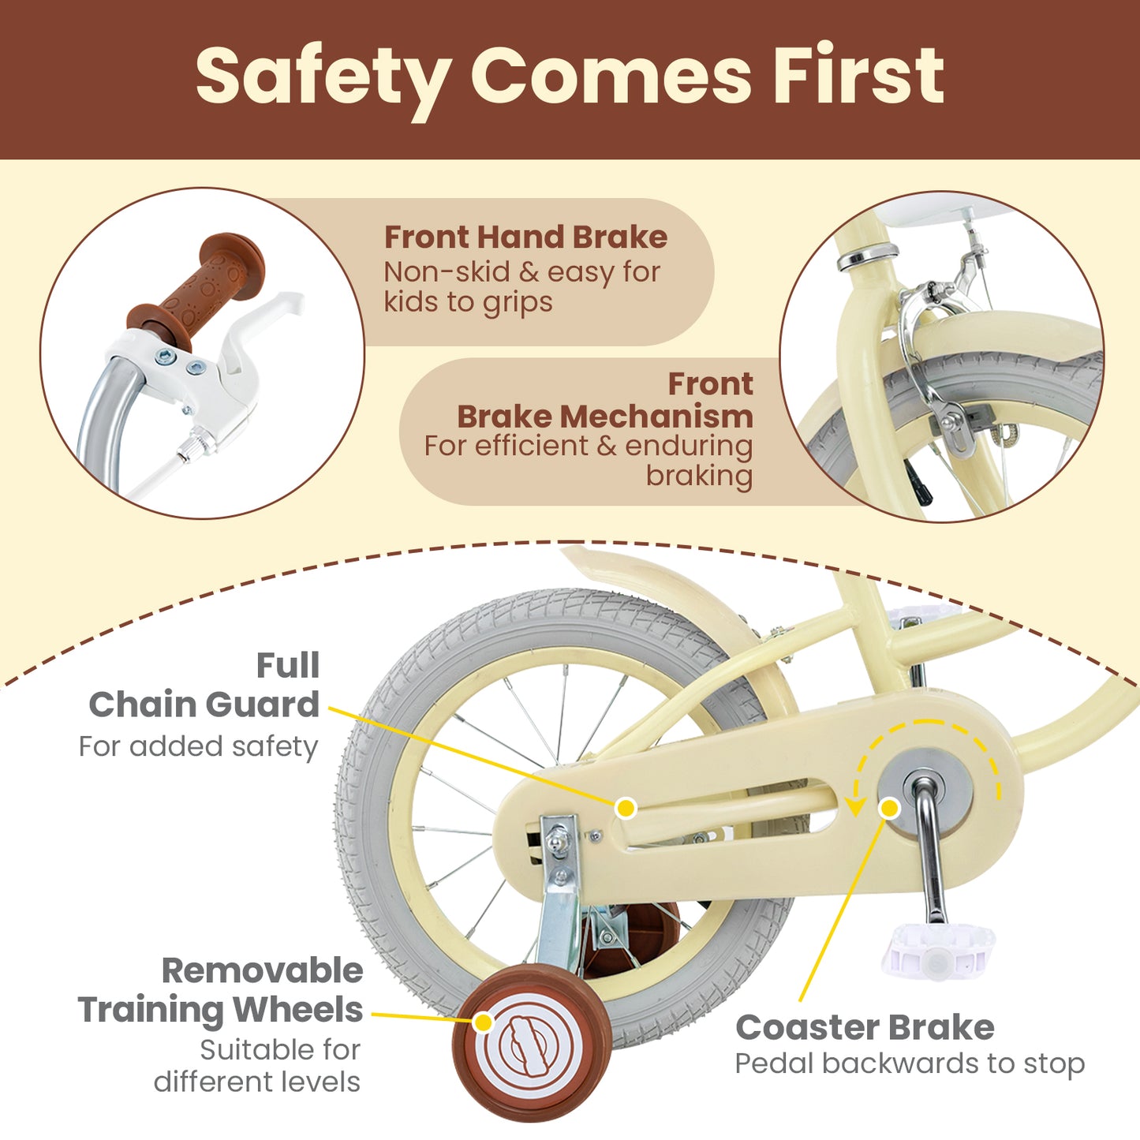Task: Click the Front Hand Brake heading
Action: (x=525, y=237)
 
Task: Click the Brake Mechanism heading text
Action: (x=604, y=416)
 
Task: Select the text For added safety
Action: (x=198, y=746)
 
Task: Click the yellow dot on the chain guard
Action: (x=626, y=808)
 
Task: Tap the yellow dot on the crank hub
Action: (x=889, y=808)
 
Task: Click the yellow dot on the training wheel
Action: (x=483, y=1022)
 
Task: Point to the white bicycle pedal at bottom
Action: (x=938, y=951)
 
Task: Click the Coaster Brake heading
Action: (x=865, y=1027)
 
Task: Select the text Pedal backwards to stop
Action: (x=910, y=1063)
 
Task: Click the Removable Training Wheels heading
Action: (x=222, y=990)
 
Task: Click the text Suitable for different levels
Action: (x=258, y=1066)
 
